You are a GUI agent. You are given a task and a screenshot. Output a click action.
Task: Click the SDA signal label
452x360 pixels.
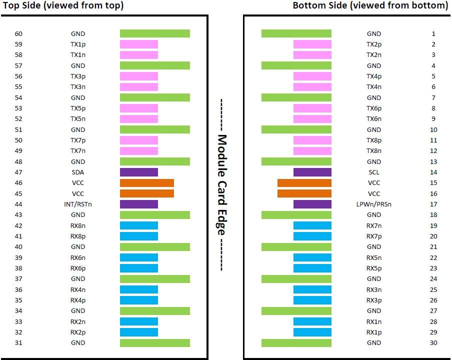click(77, 172)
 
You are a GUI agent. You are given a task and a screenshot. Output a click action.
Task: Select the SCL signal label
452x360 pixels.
click(373, 172)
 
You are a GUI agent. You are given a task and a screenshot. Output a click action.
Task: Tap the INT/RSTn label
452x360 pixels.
click(77, 204)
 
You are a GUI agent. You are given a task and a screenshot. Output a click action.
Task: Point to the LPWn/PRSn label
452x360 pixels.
click(373, 204)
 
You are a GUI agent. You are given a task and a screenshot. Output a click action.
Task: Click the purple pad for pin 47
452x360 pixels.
click(139, 172)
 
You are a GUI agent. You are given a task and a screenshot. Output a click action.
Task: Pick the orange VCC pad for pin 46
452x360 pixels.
click(147, 183)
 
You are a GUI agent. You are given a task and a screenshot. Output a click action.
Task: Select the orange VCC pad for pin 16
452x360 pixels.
click(304, 193)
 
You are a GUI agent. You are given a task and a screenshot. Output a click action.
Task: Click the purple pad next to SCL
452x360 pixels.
click(312, 172)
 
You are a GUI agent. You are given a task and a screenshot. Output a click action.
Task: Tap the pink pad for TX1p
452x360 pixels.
click(139, 44)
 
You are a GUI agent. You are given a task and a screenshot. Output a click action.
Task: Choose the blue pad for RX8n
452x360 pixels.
click(139, 225)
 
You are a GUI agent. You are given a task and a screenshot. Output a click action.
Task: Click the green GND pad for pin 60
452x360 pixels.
click(155, 33)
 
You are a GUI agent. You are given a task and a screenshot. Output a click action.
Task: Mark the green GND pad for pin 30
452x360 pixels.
click(296, 343)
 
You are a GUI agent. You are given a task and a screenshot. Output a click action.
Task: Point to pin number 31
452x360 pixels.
click(18, 343)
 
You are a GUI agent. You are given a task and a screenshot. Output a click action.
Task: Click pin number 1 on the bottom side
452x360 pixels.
click(433, 33)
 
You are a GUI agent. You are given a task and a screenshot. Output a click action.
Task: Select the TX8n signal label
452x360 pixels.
click(373, 151)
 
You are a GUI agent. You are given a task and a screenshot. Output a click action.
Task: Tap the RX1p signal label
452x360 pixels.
click(373, 332)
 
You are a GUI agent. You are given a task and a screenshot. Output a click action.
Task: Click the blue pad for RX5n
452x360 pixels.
click(312, 257)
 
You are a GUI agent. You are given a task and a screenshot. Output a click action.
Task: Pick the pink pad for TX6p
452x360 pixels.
click(312, 108)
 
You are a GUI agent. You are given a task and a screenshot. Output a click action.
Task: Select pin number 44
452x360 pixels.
click(18, 204)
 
